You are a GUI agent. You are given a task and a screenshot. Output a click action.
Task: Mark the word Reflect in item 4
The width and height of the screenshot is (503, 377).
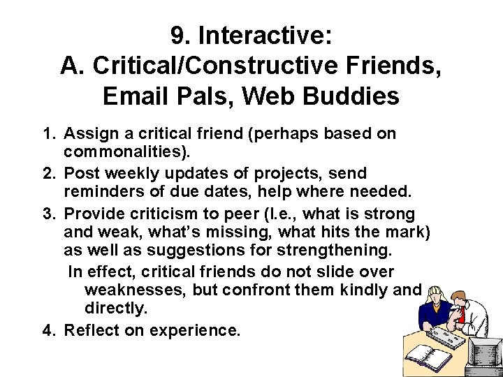tap(89, 330)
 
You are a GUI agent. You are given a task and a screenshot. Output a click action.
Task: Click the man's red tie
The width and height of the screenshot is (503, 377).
tap(462, 313)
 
